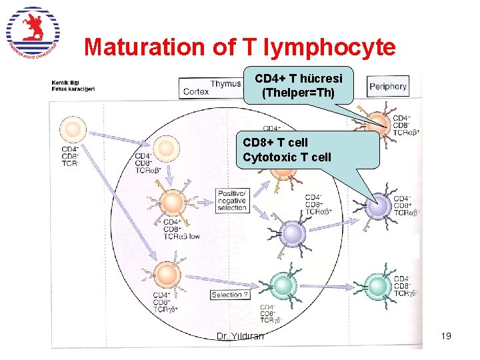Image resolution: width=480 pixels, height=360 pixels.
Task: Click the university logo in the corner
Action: tap(33, 32)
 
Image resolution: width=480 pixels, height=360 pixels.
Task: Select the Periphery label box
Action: tap(387, 86)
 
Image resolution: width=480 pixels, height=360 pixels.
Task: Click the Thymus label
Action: tap(226, 84)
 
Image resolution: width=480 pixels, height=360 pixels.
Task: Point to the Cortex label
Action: tap(196, 92)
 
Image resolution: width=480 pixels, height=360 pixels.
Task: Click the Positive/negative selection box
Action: tap(231, 200)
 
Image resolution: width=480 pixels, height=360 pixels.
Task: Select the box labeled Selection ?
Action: tap(230, 295)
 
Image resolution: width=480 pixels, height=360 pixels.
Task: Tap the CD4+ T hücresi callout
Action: tap(298, 85)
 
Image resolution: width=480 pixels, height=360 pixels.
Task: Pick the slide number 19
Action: tap(446, 336)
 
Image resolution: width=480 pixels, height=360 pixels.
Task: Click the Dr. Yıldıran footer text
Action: tap(240, 336)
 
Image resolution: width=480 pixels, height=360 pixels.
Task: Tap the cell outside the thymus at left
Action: tap(73, 129)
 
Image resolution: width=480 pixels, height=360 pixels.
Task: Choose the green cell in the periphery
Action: tap(378, 285)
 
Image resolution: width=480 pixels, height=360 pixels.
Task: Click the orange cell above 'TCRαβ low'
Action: tap(173, 201)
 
